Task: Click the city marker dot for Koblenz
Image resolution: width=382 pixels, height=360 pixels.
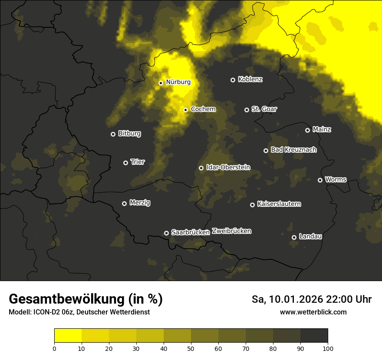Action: pyautogui.click(x=233, y=80)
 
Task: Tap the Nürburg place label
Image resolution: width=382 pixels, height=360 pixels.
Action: pyautogui.click(x=178, y=82)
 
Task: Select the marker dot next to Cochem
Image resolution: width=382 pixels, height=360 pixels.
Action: pyautogui.click(x=185, y=110)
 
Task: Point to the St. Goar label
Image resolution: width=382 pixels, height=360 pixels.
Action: pyautogui.click(x=264, y=109)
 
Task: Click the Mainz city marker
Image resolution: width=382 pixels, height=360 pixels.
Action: pyautogui.click(x=307, y=130)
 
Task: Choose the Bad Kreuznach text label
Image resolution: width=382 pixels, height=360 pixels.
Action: pyautogui.click(x=293, y=150)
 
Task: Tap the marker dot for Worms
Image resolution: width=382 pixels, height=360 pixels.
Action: pyautogui.click(x=320, y=180)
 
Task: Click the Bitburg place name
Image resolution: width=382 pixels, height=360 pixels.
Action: pyautogui.click(x=129, y=134)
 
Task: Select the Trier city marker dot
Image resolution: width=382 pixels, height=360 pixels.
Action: pyautogui.click(x=125, y=163)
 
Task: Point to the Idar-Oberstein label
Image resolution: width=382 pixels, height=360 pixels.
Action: pyautogui.click(x=228, y=167)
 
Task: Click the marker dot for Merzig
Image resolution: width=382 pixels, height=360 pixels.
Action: pyautogui.click(x=124, y=203)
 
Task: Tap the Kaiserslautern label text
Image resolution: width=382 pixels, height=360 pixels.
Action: pyautogui.click(x=279, y=204)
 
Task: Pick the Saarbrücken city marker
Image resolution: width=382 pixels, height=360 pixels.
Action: pyautogui.click(x=166, y=233)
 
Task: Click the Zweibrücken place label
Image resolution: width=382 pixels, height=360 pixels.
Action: pyautogui.click(x=231, y=231)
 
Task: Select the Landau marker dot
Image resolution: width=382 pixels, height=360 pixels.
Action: pyautogui.click(x=294, y=237)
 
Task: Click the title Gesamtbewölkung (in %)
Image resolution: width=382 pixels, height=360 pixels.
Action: pyautogui.click(x=86, y=299)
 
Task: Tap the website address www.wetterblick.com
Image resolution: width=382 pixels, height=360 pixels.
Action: pyautogui.click(x=313, y=312)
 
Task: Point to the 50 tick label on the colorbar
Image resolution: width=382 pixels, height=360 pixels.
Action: pyautogui.click(x=191, y=348)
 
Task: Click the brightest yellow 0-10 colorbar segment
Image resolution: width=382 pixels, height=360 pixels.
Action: pyautogui.click(x=68, y=335)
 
